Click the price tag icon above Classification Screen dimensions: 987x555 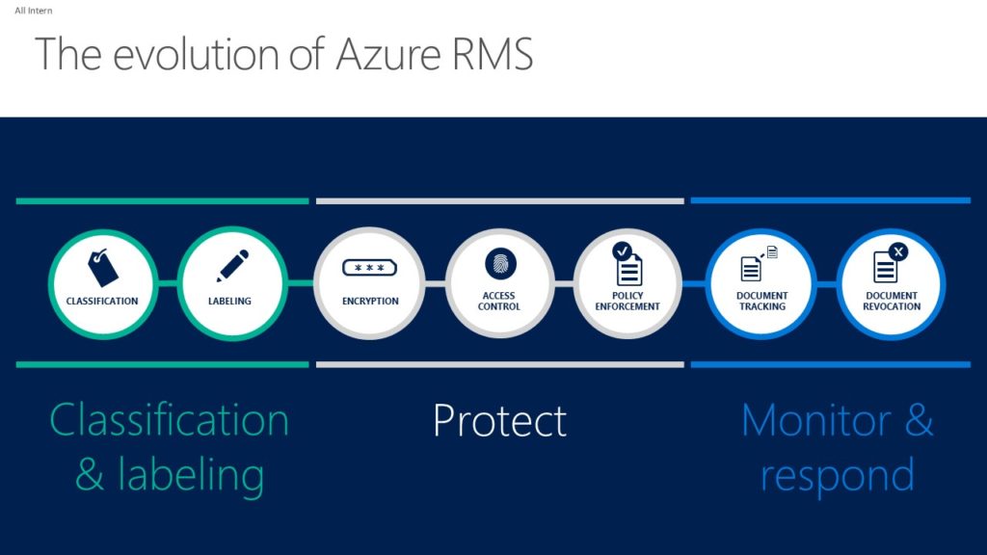point(102,268)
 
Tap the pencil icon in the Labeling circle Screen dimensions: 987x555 point(232,266)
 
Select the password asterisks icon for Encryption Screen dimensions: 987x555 point(369,268)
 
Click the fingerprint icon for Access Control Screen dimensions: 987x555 point(500,264)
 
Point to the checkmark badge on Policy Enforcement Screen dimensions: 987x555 point(622,251)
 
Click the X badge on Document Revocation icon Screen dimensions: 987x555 point(898,251)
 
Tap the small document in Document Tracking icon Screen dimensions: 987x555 point(772,252)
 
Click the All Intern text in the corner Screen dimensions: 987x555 point(34,11)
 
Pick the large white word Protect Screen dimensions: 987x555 point(500,420)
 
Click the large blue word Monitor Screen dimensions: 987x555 point(816,420)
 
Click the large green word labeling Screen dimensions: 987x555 point(191,476)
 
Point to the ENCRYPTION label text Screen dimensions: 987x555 point(370,302)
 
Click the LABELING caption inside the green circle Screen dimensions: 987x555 point(229,302)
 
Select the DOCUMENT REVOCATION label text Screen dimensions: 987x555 point(892,301)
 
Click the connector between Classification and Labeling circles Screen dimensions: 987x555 point(168,283)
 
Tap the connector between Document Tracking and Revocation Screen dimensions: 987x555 point(826,284)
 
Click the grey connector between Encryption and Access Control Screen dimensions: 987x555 point(436,284)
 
